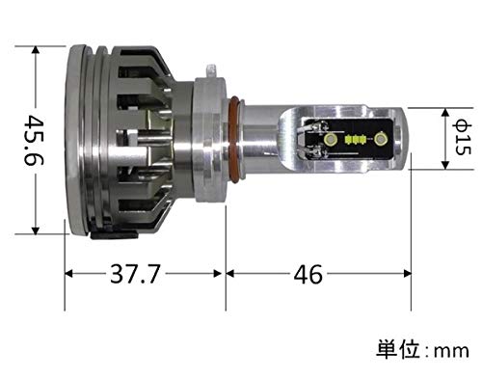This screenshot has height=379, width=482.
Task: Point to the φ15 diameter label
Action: coord(460,139)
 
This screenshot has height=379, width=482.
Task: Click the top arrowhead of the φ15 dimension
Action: coord(444,112)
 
